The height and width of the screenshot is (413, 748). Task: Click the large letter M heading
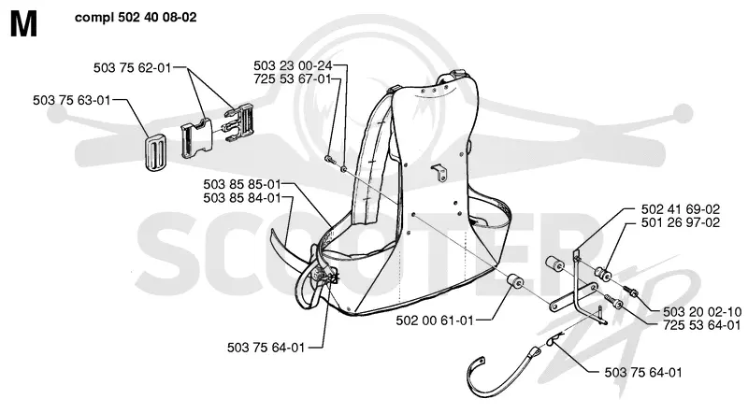pyautogui.click(x=23, y=24)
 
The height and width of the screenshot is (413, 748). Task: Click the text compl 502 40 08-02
pyautogui.click(x=136, y=18)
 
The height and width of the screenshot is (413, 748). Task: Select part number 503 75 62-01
pyautogui.click(x=132, y=67)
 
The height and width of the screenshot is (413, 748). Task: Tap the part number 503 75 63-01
pyautogui.click(x=72, y=100)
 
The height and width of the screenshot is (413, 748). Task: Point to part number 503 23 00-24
pyautogui.click(x=293, y=65)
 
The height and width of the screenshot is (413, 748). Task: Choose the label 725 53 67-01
pyautogui.click(x=293, y=78)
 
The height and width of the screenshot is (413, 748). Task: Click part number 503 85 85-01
pyautogui.click(x=242, y=184)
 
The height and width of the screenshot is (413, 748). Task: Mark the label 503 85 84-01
pyautogui.click(x=242, y=197)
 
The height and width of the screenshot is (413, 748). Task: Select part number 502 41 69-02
pyautogui.click(x=681, y=209)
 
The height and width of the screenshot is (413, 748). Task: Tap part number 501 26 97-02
pyautogui.click(x=681, y=222)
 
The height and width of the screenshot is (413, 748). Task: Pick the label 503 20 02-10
pyautogui.click(x=702, y=312)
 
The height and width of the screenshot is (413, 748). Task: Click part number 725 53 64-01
pyautogui.click(x=702, y=325)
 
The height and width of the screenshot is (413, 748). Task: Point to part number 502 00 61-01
pyautogui.click(x=435, y=320)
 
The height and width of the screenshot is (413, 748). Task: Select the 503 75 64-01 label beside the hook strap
pyautogui.click(x=643, y=373)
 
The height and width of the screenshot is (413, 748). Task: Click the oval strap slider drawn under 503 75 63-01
pyautogui.click(x=155, y=150)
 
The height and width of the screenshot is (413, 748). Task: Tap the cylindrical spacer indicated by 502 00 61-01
pyautogui.click(x=514, y=282)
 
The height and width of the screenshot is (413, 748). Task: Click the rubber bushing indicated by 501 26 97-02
pyautogui.click(x=603, y=274)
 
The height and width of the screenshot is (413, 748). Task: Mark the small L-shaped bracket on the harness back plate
pyautogui.click(x=439, y=172)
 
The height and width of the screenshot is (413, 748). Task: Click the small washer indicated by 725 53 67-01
pyautogui.click(x=343, y=169)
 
